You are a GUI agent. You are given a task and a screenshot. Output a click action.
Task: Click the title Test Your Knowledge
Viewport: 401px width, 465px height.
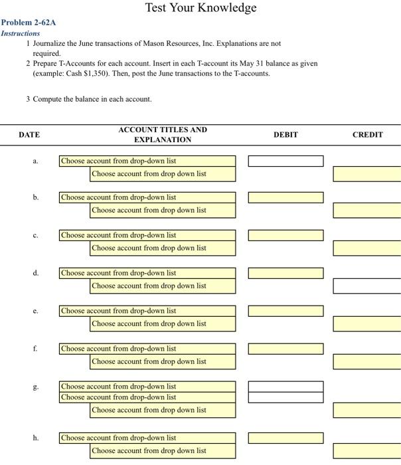tap(200, 8)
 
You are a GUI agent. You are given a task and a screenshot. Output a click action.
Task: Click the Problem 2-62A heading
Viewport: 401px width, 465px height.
tap(28, 23)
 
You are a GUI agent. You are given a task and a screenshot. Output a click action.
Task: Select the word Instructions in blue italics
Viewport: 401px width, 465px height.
tap(20, 33)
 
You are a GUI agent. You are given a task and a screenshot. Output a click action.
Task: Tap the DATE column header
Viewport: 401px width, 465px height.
tap(29, 135)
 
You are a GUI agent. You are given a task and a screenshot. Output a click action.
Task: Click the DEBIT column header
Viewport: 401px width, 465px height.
tap(285, 135)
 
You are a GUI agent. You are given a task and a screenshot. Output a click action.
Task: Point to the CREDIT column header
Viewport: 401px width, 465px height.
tap(367, 135)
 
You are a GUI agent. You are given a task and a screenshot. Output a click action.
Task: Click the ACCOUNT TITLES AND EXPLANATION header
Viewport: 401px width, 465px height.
tap(163, 135)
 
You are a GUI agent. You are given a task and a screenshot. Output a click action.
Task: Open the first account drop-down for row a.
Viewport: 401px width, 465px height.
tap(147, 161)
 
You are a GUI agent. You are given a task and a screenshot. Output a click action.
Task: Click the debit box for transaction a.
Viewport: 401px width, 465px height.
tap(285, 161)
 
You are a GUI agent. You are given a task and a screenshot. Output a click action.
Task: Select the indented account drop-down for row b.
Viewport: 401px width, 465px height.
tap(163, 211)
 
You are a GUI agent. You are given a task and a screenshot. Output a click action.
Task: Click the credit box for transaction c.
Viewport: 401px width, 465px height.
tap(367, 248)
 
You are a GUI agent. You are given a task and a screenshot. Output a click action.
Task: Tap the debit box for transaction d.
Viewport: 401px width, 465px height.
tap(285, 273)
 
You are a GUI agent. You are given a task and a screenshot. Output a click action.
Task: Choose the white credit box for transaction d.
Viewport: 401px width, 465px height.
tap(367, 286)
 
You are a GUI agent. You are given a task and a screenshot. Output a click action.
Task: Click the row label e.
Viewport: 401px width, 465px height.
tap(35, 311)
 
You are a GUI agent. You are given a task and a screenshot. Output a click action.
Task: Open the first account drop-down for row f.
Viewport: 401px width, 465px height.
tap(147, 349)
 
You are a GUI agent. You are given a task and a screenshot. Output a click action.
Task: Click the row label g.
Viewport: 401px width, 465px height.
tap(35, 387)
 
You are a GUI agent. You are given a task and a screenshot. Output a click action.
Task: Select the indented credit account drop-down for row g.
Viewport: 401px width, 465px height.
tap(163, 411)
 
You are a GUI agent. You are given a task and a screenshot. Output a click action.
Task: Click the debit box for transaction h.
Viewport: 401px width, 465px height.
tap(285, 438)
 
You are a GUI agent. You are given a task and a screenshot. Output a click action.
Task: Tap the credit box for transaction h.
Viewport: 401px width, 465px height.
tap(367, 451)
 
